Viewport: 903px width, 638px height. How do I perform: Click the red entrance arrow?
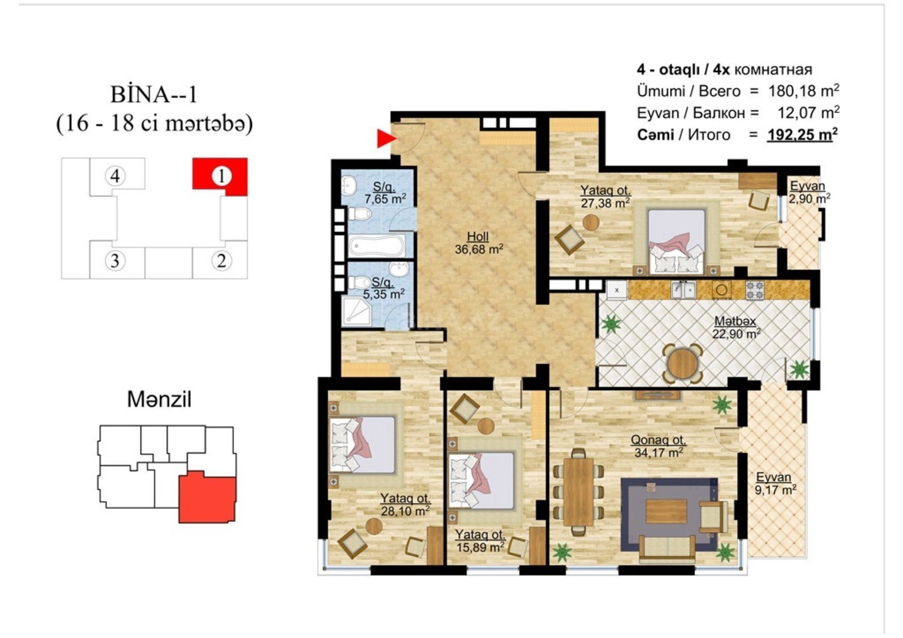click(386, 139)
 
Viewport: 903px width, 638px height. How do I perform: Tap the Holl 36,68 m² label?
click(479, 243)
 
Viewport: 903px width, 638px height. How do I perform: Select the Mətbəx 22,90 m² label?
click(736, 328)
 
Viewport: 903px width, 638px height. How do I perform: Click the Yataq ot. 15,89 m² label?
click(480, 541)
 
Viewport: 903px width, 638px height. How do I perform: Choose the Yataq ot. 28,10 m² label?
click(406, 505)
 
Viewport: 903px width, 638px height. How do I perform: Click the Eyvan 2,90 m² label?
click(809, 192)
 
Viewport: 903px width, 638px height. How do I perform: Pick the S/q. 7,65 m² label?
click(384, 193)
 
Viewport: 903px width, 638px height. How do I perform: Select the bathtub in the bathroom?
click(376, 245)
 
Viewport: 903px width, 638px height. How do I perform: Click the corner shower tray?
click(356, 311)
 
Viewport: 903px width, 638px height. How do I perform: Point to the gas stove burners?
click(755, 290)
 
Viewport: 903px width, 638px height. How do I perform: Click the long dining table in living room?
click(578, 492)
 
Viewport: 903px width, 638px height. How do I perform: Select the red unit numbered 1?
click(220, 176)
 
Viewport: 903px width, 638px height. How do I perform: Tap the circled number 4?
click(115, 176)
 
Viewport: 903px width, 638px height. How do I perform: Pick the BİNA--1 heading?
click(154, 95)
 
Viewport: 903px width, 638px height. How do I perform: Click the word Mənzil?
click(159, 399)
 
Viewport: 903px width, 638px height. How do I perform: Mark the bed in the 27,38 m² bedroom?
click(677, 241)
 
